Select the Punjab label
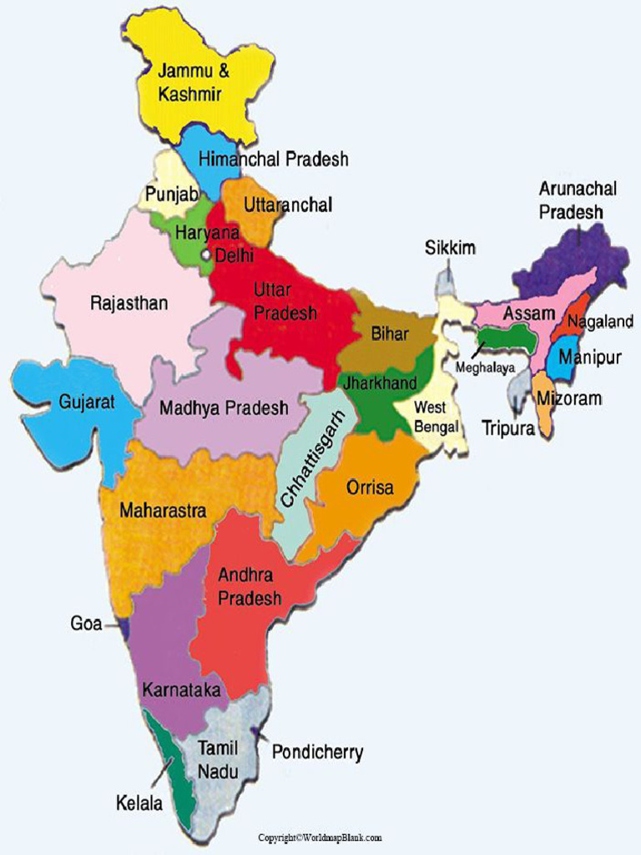pyautogui.click(x=172, y=195)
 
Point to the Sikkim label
pyautogui.click(x=450, y=248)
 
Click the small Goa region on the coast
pyautogui.click(x=124, y=626)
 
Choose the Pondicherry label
pyautogui.click(x=317, y=752)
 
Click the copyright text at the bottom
pyautogui.click(x=320, y=837)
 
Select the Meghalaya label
pyautogui.click(x=485, y=367)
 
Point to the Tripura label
pyautogui.click(x=507, y=428)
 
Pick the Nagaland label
pyautogui.click(x=600, y=321)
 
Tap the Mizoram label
pyautogui.click(x=570, y=399)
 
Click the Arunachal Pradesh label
pyautogui.click(x=577, y=200)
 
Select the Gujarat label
pyautogui.click(x=87, y=402)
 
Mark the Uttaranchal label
pyautogui.click(x=288, y=205)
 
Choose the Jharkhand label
pyautogui.click(x=381, y=383)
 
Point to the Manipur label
pyautogui.click(x=590, y=358)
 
